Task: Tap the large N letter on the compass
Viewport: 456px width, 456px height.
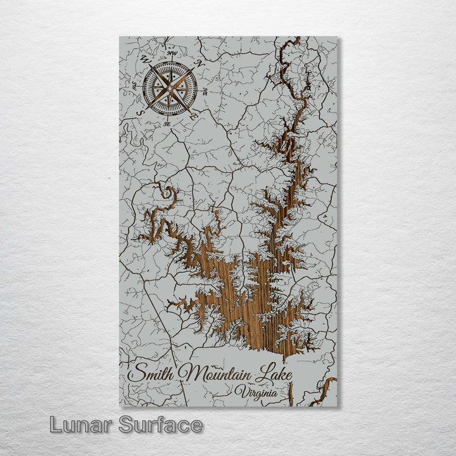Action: click(200, 63)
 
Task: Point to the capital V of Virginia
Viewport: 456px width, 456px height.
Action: click(237, 392)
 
